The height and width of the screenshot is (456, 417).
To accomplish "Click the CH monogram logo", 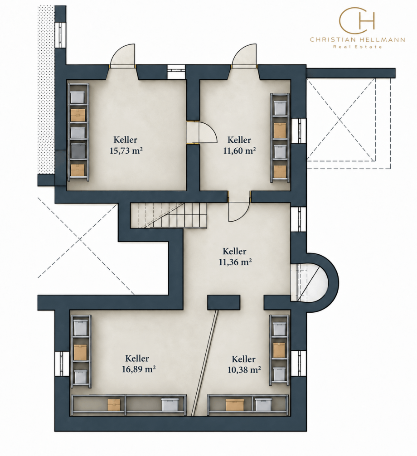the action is tap(357, 21).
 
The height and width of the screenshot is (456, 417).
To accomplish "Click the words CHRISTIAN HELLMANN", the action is tap(357, 39).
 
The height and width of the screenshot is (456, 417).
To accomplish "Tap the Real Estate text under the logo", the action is tap(357, 47).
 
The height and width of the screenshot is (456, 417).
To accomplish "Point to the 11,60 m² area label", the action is tap(240, 150).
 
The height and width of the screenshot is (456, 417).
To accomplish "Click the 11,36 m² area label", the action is tap(235, 262).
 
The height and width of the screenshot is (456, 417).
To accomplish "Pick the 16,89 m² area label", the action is tap(139, 369).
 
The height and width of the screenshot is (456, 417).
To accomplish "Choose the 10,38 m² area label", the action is tap(244, 369).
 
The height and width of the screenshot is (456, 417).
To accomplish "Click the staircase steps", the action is tap(169, 215).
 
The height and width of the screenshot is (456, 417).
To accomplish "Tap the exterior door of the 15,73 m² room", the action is tap(122, 56).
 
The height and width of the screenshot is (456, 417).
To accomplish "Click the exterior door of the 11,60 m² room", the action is tap(244, 56).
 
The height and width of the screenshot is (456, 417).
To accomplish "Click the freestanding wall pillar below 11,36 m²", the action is tap(223, 302).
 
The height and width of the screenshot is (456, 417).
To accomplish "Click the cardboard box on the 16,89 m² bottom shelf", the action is tap(114, 405).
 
